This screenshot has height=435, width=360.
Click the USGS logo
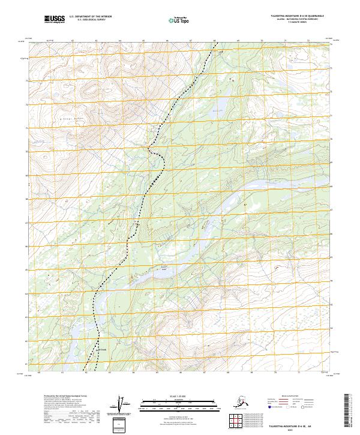(x=53, y=20)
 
